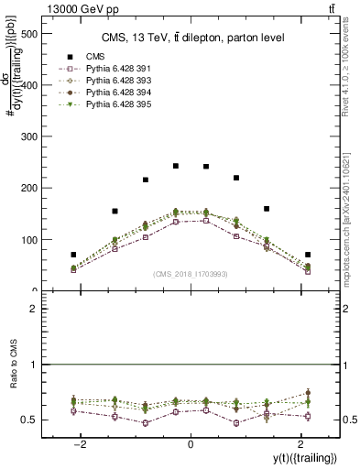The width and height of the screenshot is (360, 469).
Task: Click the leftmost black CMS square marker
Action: pos(73,255)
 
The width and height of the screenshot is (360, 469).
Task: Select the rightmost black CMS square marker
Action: pos(308,255)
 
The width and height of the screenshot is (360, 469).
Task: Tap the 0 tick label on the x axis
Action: pos(191,443)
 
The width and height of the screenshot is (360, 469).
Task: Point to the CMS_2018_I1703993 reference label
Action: pos(190,273)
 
